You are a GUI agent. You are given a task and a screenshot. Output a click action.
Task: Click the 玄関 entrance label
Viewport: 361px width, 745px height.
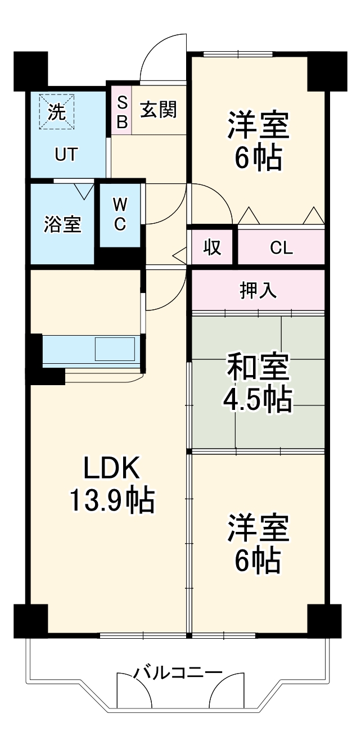tap(158, 110)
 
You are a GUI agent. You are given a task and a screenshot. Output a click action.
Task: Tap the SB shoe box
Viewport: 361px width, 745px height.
tap(121, 110)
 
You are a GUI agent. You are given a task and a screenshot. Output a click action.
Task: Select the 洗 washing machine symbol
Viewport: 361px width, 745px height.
tap(56, 111)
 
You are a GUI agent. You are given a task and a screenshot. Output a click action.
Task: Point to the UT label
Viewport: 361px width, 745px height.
tap(66, 154)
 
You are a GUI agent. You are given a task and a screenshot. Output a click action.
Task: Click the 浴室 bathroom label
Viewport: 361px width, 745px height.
tap(62, 224)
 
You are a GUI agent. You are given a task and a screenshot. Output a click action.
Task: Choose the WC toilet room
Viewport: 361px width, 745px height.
tap(120, 214)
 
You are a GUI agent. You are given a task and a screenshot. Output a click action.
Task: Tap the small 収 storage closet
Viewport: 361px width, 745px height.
tap(212, 247)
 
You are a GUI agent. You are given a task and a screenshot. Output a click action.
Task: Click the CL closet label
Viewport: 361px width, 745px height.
tap(281, 247)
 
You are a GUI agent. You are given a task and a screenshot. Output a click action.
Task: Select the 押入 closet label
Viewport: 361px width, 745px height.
tap(258, 290)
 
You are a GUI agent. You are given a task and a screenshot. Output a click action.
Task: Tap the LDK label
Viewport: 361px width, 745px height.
tap(111, 468)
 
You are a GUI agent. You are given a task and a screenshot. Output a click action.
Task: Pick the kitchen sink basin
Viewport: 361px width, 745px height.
tap(115, 349)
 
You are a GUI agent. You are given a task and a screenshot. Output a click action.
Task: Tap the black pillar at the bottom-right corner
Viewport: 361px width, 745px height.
tap(325, 621)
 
